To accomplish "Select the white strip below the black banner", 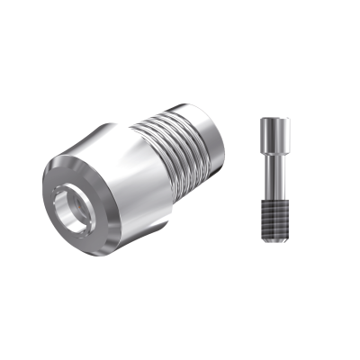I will coord(180,324).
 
